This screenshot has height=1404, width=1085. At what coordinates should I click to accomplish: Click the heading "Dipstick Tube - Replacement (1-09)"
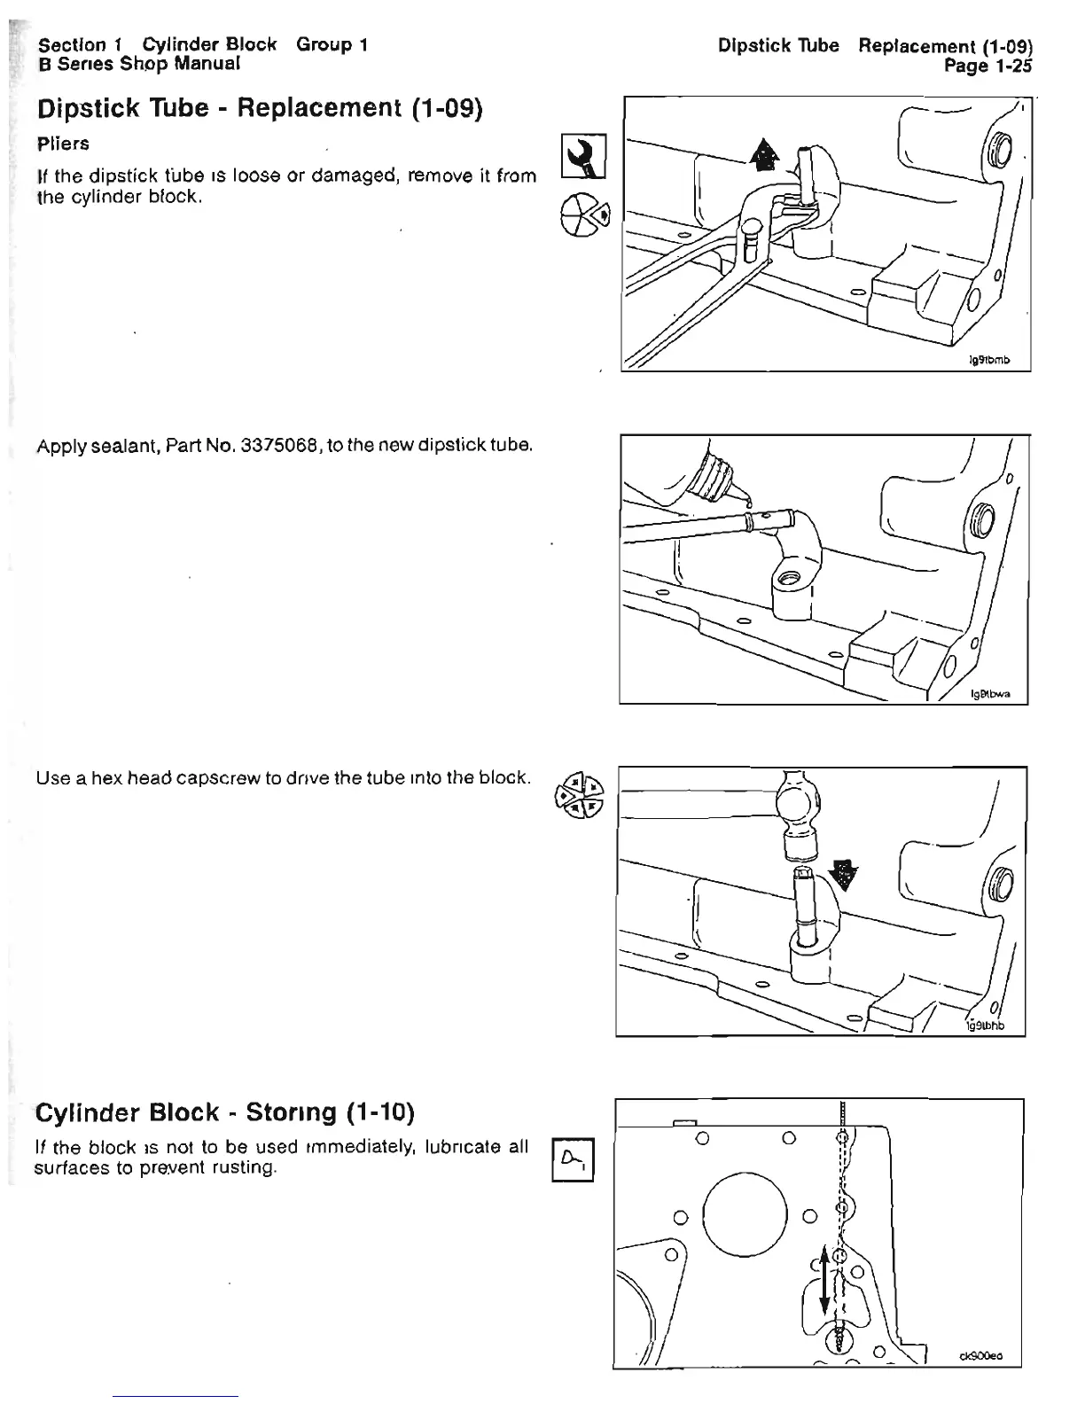(x=259, y=109)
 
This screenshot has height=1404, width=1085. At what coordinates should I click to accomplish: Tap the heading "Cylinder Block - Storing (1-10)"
(x=225, y=1111)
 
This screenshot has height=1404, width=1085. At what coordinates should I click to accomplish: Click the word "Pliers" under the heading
(x=63, y=143)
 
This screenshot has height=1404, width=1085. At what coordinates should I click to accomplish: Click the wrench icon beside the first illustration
(x=585, y=155)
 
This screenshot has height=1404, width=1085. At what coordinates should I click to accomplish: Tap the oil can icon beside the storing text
(x=573, y=1158)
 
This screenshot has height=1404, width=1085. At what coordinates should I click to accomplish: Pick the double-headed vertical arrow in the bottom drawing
(x=825, y=1280)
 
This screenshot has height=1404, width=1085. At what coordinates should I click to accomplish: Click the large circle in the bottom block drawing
(x=745, y=1215)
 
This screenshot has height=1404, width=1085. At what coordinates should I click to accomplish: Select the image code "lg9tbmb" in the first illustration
(x=988, y=360)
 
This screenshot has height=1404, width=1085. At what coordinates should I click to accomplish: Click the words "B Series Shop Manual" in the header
(x=139, y=64)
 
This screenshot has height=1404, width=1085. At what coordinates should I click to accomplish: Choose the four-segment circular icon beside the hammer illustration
(x=578, y=792)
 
